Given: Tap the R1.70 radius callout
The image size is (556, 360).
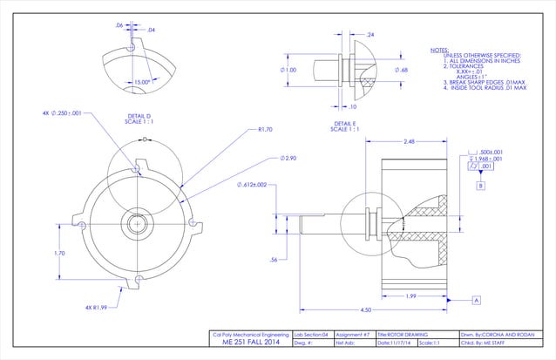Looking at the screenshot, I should click(266, 129).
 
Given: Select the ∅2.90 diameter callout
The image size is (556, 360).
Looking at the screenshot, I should click(288, 159).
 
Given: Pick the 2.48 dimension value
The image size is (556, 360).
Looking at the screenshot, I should click(408, 141).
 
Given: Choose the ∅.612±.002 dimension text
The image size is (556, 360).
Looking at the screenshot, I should click(257, 185).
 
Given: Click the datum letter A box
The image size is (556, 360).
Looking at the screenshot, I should click(477, 299).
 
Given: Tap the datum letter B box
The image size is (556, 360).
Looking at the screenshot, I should click(480, 186).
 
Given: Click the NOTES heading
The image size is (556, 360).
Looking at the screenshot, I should click(441, 50).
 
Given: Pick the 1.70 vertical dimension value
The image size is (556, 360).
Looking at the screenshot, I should click(59, 254).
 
